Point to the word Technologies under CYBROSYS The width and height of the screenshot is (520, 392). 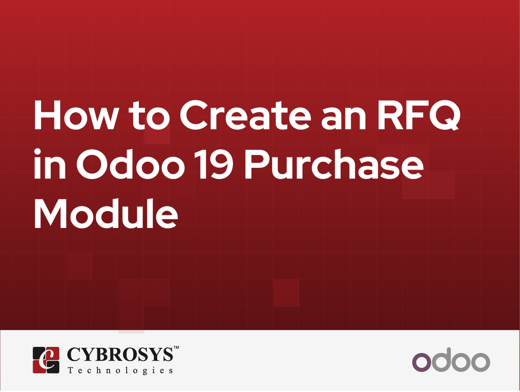120,370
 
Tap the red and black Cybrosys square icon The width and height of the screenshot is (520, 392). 46,360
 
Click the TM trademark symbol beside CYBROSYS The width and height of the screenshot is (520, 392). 176,348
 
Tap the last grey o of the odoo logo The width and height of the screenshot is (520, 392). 480,362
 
